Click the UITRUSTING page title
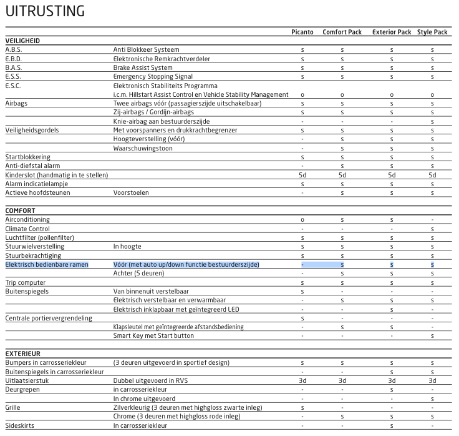tap(45, 11)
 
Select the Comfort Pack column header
tap(342, 32)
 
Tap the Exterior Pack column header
tap(392, 32)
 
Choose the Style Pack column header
tap(432, 32)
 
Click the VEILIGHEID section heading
tap(22, 41)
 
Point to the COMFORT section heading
tap(20, 211)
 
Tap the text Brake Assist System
tap(143, 67)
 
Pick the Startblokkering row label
tap(27, 157)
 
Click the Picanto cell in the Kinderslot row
tap(302, 175)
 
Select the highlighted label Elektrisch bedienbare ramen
tap(46, 265)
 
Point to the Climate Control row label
tap(27, 229)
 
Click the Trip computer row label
tap(25, 282)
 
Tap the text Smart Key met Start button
tap(153, 336)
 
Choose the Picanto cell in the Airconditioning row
tap(302, 220)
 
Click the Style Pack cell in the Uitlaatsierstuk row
tap(432, 380)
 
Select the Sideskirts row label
tap(20, 425)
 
